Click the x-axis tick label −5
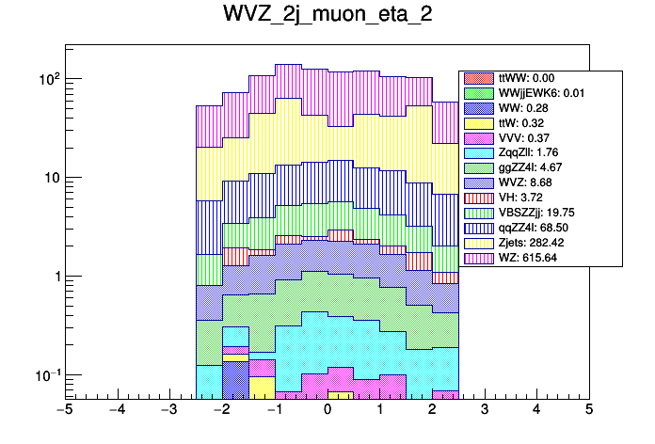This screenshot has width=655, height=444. pyautogui.click(x=64, y=410)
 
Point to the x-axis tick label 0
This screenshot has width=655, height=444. pyautogui.click(x=327, y=410)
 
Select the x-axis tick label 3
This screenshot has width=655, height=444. pyautogui.click(x=484, y=410)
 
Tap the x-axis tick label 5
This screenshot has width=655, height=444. pyautogui.click(x=588, y=410)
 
